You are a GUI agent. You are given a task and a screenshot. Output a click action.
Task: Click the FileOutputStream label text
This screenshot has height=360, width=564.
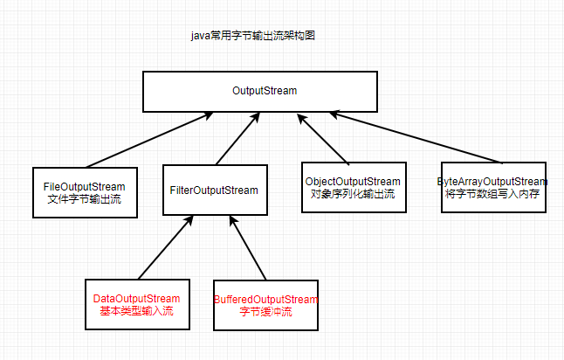[85, 187]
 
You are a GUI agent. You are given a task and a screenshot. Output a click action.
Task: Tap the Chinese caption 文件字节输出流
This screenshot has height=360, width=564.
[85, 199]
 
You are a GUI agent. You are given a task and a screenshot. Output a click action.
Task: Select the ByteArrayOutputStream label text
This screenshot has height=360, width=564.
[492, 181]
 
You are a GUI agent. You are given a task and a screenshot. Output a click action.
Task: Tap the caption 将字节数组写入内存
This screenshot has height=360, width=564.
[492, 193]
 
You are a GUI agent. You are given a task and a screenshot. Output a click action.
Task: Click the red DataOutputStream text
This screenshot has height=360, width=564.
[136, 299]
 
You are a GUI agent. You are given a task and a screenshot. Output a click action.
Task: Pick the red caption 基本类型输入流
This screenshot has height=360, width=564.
[136, 311]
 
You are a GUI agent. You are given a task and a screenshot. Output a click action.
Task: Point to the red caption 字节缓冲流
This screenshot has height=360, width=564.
[265, 312]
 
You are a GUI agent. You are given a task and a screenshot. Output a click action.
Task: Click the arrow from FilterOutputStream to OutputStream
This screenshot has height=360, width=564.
[237, 140]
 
